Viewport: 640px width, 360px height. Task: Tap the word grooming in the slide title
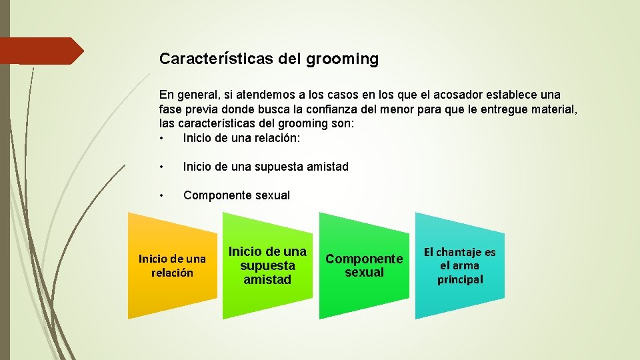[x=343, y=59]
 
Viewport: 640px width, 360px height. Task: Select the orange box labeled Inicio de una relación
[x=172, y=265]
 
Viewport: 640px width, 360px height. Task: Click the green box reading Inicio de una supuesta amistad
[x=267, y=265]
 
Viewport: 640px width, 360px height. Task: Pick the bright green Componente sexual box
[x=364, y=265]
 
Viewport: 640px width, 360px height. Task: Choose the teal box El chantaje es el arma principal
[x=460, y=265]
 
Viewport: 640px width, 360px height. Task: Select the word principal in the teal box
[x=460, y=279]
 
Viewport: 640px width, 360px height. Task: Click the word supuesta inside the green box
[x=267, y=265]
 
